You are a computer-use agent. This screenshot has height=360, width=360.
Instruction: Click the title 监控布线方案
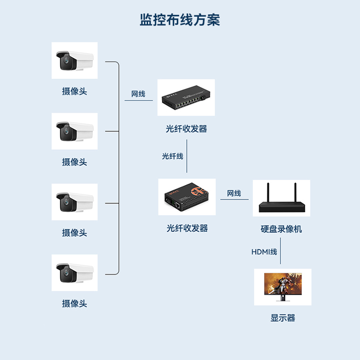coord(180,20)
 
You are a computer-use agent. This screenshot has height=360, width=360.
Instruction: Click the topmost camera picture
coord(74,60)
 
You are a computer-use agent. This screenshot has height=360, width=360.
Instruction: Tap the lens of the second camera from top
coord(65,132)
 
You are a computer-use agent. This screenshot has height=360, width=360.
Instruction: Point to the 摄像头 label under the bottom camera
coord(74,304)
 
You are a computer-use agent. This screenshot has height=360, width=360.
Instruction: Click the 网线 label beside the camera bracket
coord(138,94)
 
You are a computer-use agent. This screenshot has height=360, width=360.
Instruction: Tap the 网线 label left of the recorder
coord(234,193)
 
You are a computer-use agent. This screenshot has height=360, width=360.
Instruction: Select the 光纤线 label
coord(173,156)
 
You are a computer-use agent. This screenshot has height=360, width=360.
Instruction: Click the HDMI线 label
coord(264,252)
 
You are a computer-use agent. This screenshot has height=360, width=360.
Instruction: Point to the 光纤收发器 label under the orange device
coord(187,229)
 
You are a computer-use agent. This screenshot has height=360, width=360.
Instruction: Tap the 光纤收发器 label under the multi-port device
coord(186,129)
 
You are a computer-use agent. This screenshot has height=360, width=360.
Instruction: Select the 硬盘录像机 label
coord(281,229)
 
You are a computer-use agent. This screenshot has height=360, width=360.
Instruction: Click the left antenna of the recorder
coord(268,193)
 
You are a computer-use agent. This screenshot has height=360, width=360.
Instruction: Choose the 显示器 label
coord(283,318)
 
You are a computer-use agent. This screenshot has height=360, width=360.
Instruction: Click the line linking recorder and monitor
coord(281,253)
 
